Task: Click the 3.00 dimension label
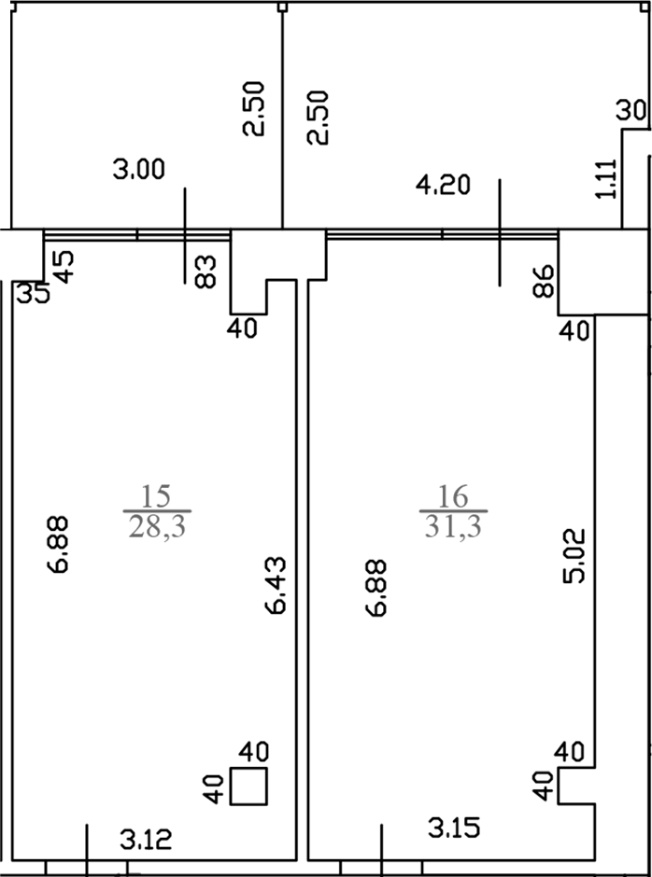(139, 169)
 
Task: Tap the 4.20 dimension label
(443, 185)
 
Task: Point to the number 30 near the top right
(631, 110)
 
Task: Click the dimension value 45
(63, 267)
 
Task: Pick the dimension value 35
(33, 293)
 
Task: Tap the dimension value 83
(206, 271)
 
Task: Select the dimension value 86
(543, 281)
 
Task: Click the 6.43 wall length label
(276, 585)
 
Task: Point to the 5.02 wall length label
(574, 555)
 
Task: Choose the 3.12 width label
(147, 840)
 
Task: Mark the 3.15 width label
(454, 828)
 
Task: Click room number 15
(156, 496)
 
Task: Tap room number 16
(453, 496)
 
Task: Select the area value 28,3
(157, 527)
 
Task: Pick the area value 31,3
(453, 527)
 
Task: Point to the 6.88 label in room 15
(58, 544)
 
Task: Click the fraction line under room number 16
(453, 511)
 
